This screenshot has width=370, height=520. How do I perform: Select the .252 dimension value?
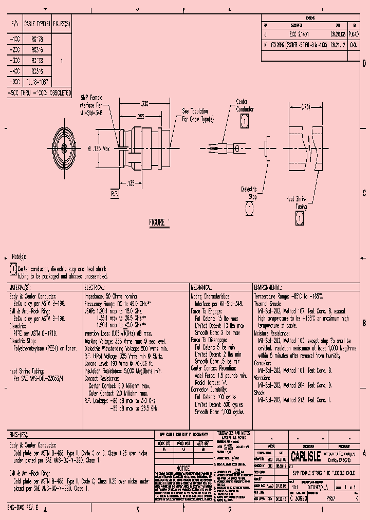click(x=141, y=117)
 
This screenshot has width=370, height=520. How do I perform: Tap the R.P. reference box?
click(x=115, y=194)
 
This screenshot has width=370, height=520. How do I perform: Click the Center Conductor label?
click(x=245, y=105)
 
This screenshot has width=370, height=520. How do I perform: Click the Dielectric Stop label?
click(x=249, y=193)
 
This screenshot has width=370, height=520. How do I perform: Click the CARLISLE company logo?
click(x=305, y=456)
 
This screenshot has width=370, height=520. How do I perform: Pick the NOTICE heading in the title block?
click(x=183, y=469)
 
